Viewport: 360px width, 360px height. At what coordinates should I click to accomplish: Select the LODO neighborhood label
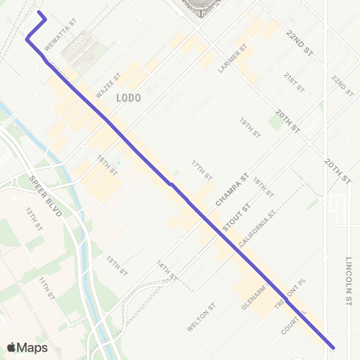pyautogui.click(x=129, y=97)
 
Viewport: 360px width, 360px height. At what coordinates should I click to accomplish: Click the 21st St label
pyautogui.click(x=293, y=82)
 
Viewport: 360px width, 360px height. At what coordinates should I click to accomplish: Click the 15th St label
pyautogui.click(x=107, y=164)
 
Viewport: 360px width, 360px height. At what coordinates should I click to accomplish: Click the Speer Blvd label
pyautogui.click(x=40, y=193)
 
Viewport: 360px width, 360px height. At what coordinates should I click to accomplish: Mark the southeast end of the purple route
pyautogui.click(x=332, y=347)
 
